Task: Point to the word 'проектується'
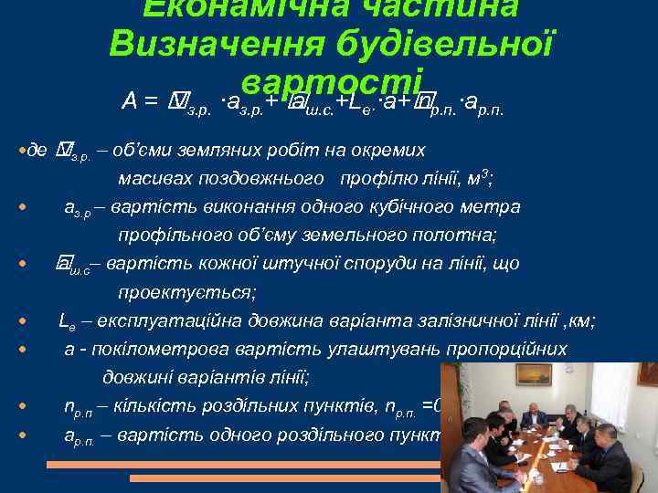[x=186, y=292]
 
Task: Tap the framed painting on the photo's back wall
[x=534, y=374]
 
